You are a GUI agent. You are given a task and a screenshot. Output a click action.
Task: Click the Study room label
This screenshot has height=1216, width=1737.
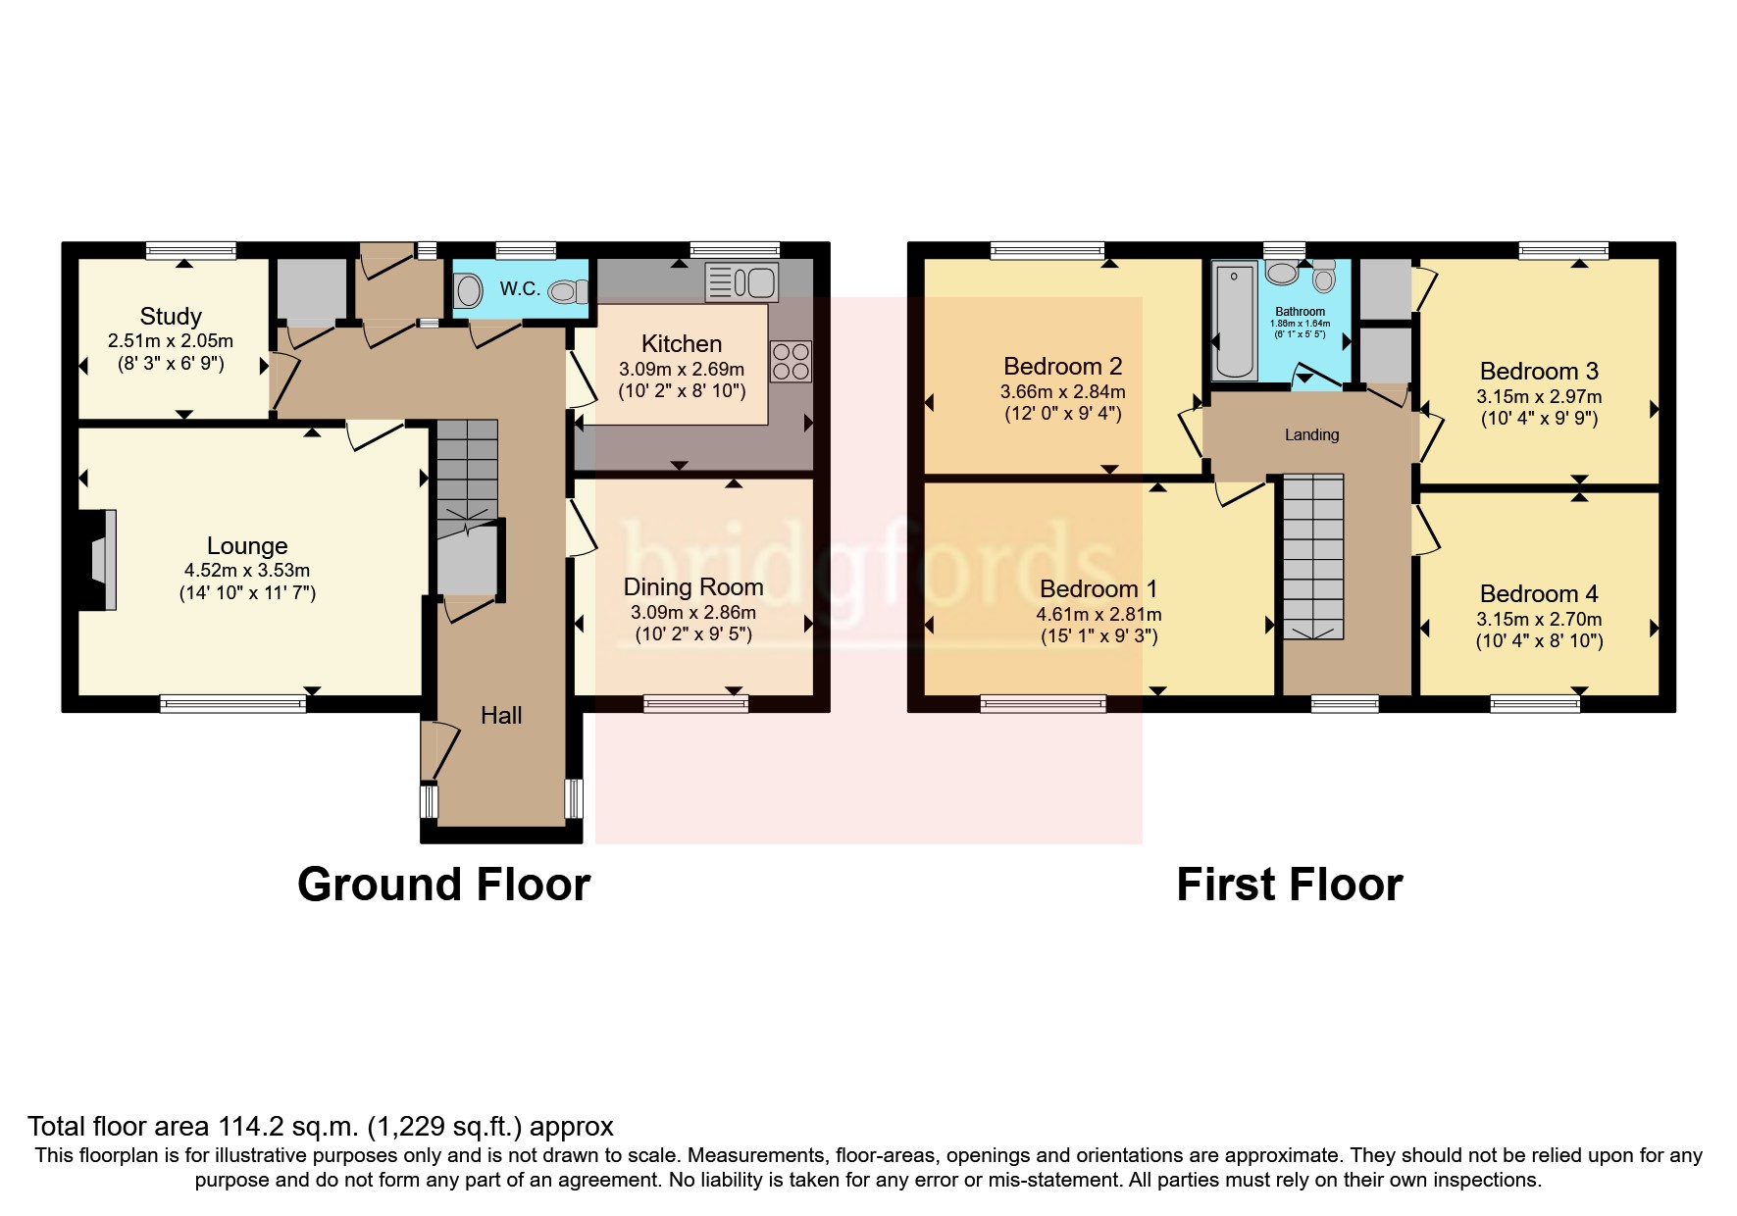[171, 316]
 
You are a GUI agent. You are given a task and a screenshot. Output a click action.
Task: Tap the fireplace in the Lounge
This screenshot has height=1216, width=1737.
[100, 561]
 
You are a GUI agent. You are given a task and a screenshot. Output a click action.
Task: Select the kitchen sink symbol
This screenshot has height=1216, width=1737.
[741, 282]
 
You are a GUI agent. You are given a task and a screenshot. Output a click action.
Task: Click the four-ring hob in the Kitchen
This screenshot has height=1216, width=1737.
[791, 361]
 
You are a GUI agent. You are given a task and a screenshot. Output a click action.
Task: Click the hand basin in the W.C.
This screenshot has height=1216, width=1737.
[470, 290]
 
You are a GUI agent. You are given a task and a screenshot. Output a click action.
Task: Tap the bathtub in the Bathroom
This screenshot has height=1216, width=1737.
[1235, 320]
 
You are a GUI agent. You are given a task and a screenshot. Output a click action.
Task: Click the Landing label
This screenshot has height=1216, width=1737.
[1311, 434]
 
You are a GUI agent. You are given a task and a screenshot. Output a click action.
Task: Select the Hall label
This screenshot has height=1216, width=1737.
[501, 715]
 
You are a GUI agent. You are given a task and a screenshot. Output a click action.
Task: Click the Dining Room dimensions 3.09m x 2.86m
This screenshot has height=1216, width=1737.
[692, 612]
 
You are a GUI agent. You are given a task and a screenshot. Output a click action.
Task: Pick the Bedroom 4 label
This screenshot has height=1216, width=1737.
[1538, 593]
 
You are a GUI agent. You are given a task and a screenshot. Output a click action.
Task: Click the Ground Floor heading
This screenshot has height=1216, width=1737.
[443, 884]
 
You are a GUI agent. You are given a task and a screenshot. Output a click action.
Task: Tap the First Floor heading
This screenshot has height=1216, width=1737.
[1289, 884]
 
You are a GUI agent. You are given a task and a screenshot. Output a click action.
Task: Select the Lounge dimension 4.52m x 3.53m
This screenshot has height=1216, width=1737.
[247, 570]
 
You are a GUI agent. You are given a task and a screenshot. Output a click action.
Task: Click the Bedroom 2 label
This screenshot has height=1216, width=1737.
[1062, 366]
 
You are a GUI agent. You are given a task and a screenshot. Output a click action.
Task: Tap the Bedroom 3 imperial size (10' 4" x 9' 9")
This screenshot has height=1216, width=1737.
[1539, 418]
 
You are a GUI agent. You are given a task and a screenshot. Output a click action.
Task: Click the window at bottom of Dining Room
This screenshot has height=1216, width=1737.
[695, 703]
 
